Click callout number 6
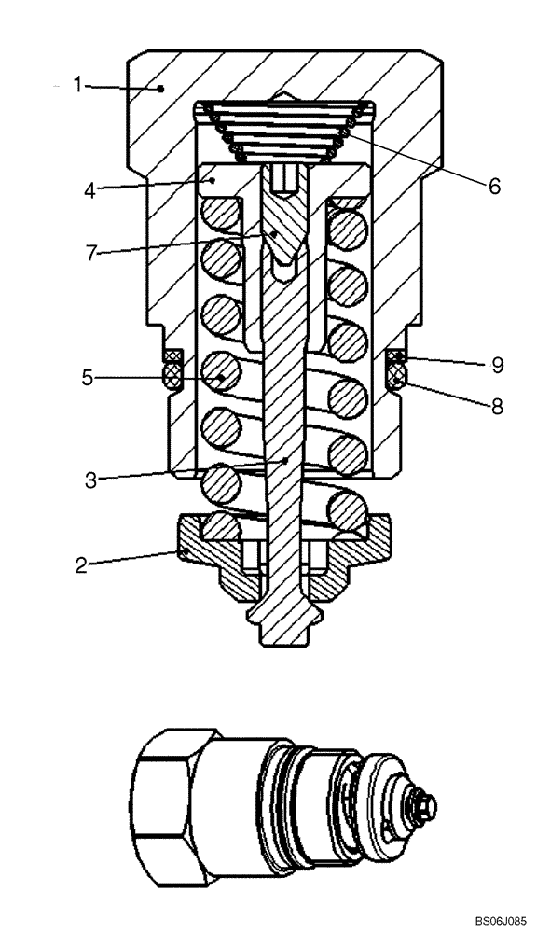pyautogui.click(x=493, y=185)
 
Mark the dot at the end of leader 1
pyautogui.click(x=162, y=89)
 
